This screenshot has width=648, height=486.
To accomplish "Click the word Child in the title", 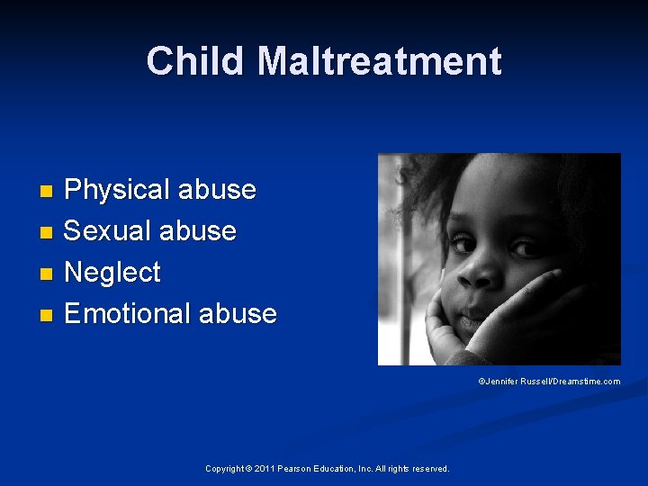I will [195, 61].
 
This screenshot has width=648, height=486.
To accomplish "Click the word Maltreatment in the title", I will [379, 61].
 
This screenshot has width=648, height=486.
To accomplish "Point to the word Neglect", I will [112, 272].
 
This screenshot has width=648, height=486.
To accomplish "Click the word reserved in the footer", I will [430, 468].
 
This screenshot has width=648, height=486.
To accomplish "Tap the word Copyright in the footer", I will [224, 468].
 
